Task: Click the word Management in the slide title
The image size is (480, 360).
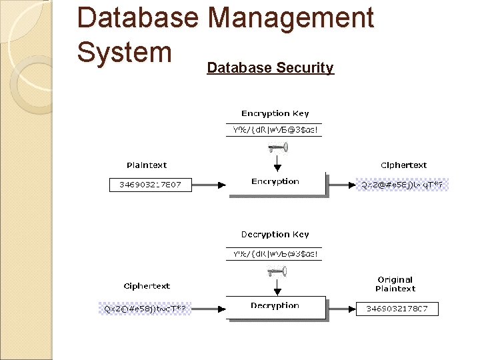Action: [291, 18]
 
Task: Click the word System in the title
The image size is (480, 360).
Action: [125, 51]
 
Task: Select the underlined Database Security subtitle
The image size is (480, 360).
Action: [270, 67]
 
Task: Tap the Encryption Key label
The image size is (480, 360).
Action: [275, 113]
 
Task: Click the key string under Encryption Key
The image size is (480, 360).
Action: [275, 130]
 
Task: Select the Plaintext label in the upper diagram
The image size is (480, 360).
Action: [147, 165]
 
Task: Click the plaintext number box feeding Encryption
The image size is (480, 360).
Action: [150, 184]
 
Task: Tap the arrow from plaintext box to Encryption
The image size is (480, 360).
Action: [209, 184]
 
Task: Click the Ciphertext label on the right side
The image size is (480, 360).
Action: [403, 165]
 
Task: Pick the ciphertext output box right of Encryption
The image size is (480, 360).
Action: [403, 185]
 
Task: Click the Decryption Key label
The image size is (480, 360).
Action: [275, 235]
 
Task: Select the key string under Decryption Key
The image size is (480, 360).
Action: [275, 253]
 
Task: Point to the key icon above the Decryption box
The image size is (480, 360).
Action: [276, 271]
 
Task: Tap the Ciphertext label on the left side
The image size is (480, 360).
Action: [147, 286]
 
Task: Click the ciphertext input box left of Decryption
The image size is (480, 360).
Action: [145, 309]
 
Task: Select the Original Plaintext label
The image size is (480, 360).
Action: [395, 284]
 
